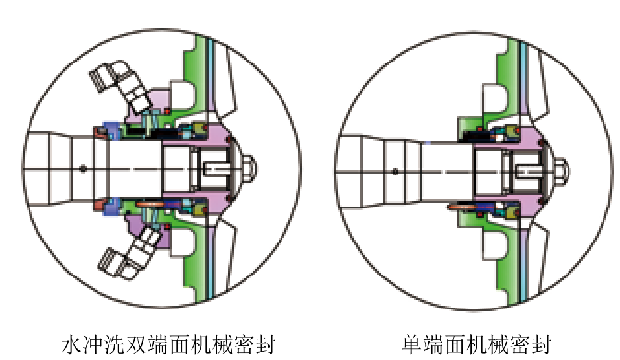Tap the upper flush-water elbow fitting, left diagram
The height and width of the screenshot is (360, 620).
(x=120, y=80)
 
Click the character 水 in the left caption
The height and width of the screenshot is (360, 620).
(x=70, y=344)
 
